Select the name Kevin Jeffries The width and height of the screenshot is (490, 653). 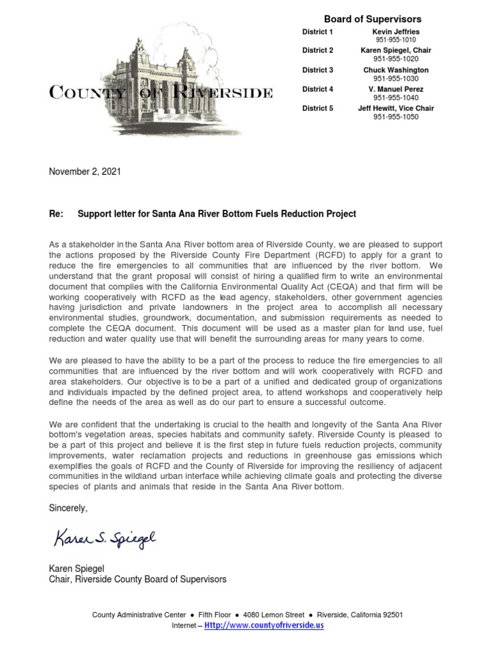pos(396,32)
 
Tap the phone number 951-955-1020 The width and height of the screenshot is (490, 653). pos(396,59)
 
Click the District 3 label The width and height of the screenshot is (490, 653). pos(318,70)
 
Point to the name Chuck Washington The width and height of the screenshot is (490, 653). pos(396,70)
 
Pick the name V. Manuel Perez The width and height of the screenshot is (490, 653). pos(396,89)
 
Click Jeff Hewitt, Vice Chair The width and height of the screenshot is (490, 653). pos(396,108)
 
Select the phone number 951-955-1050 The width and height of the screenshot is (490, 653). pos(396,117)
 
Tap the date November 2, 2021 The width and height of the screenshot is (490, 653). pos(85,172)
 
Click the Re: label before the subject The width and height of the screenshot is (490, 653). pos(56,214)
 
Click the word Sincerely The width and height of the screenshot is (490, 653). pos(68,508)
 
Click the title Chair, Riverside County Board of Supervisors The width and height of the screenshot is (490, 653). pos(137,579)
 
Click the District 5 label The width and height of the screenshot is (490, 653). pos(318,108)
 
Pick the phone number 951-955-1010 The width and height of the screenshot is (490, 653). pos(396,40)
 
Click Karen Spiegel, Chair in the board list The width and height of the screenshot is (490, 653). pos(396,50)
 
